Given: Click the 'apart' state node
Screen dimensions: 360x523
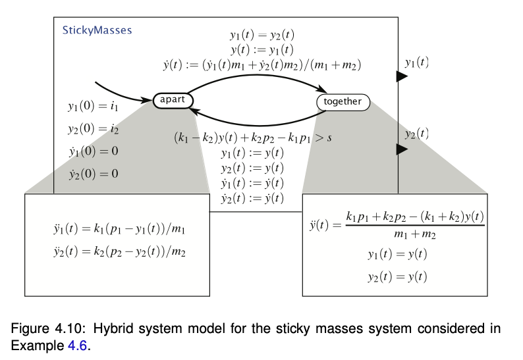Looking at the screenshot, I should pos(173,101).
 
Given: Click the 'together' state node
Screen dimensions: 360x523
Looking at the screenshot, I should pos(343,102).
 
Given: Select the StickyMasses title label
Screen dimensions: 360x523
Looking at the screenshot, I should pos(97,30).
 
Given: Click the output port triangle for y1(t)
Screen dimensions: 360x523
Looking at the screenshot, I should pos(401,76).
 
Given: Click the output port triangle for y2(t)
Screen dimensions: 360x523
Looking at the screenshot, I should pos(401,149).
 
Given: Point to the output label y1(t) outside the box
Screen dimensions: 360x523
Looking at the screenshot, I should pos(416,63).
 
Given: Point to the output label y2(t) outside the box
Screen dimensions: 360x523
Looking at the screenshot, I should pos(416,134).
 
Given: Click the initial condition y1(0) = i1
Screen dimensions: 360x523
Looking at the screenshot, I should pos(93,105).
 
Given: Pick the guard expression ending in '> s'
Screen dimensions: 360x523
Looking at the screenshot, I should pos(252,139).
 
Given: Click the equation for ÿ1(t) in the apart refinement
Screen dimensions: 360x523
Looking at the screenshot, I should pos(113,232).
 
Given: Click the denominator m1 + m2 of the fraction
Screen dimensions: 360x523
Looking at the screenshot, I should pos(415,234).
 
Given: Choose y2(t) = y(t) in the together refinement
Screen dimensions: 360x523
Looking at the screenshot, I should pos(397,276).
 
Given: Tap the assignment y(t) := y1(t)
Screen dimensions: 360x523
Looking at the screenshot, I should pos(262,50).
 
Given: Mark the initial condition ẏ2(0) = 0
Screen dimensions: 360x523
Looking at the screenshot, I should pos(93,174).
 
